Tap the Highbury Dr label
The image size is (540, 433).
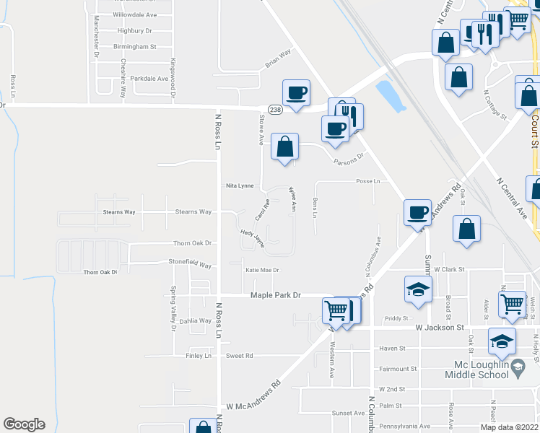coord(136,31)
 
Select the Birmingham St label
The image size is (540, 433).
coord(134,46)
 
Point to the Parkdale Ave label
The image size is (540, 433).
coord(149,78)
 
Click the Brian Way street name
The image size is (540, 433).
coord(278,58)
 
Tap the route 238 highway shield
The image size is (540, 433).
coord(275,109)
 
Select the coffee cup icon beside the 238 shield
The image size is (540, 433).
coord(296,92)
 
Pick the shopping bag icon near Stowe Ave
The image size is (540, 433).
coord(285,146)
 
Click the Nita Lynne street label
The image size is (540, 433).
coord(240,185)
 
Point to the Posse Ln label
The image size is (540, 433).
coord(367,181)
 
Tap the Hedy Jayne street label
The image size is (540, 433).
coord(253,238)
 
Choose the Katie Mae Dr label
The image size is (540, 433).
coord(262,270)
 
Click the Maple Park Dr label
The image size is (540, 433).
coord(274,295)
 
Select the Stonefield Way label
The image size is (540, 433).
coord(190,265)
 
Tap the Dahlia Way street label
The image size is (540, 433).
coord(195,320)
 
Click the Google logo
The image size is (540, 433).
coord(24,424)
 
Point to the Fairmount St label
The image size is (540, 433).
coord(398,369)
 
